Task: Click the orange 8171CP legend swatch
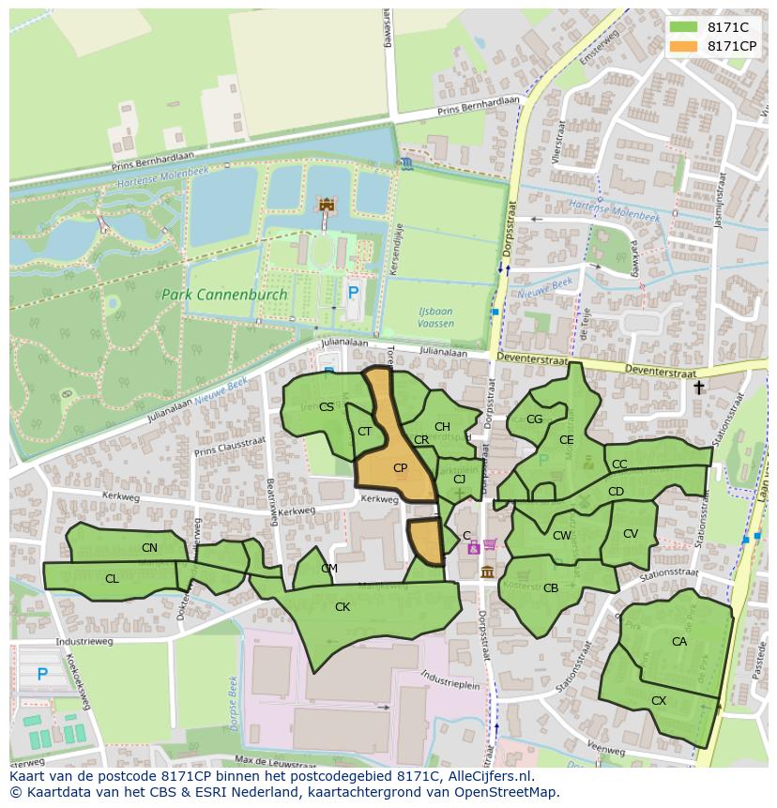[x=684, y=46]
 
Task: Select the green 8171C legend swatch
[x=684, y=27]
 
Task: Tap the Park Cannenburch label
[x=224, y=294]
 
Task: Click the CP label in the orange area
[x=400, y=467]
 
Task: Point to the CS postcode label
[x=326, y=406]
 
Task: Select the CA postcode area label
[x=678, y=642]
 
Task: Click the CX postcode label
[x=658, y=701]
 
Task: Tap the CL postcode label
[x=112, y=579]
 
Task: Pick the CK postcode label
[x=343, y=607]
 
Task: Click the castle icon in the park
[x=327, y=204]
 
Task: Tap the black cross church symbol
[x=698, y=387]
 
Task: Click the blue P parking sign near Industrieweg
[x=42, y=674]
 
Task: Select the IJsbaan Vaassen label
[x=434, y=317]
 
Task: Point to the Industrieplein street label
[x=450, y=676]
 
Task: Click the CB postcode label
[x=551, y=588]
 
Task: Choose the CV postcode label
[x=630, y=534]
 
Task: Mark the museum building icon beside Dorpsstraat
[x=487, y=572]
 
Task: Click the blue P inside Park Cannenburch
[x=353, y=293]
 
